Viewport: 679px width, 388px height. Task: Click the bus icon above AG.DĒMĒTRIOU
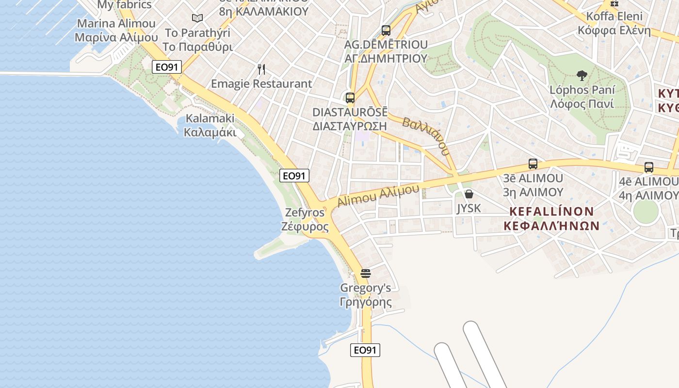click(x=386, y=30)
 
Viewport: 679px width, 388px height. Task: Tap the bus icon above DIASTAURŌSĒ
click(x=350, y=97)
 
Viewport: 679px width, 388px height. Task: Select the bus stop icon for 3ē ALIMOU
click(x=533, y=164)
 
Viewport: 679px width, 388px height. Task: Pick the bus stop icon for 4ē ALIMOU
click(x=649, y=167)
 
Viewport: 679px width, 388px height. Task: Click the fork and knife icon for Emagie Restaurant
click(x=261, y=69)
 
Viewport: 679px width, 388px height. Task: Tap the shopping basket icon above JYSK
click(x=469, y=194)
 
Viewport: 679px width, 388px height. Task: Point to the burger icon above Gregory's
click(x=366, y=274)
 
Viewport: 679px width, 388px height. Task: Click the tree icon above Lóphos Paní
click(x=582, y=76)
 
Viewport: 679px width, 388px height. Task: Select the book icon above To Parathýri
click(x=197, y=18)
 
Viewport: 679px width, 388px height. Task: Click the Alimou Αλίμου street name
click(x=378, y=195)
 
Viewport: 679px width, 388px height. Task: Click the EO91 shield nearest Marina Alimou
click(x=167, y=67)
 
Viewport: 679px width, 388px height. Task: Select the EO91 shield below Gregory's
click(x=365, y=350)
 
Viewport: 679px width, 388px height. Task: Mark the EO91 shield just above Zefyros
click(x=294, y=176)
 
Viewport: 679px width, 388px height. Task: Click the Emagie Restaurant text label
click(x=261, y=83)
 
